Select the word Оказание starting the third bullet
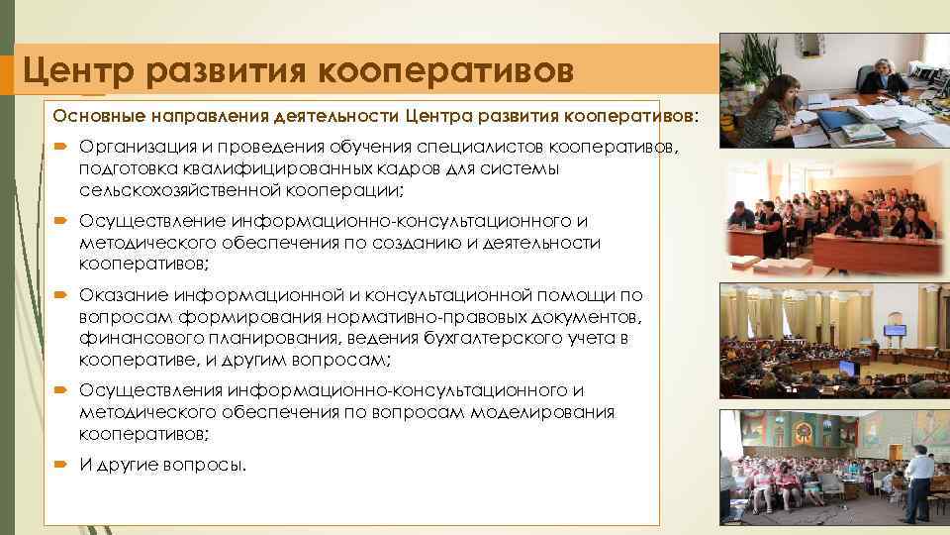[x=123, y=295]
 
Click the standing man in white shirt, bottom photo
[x=919, y=481]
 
